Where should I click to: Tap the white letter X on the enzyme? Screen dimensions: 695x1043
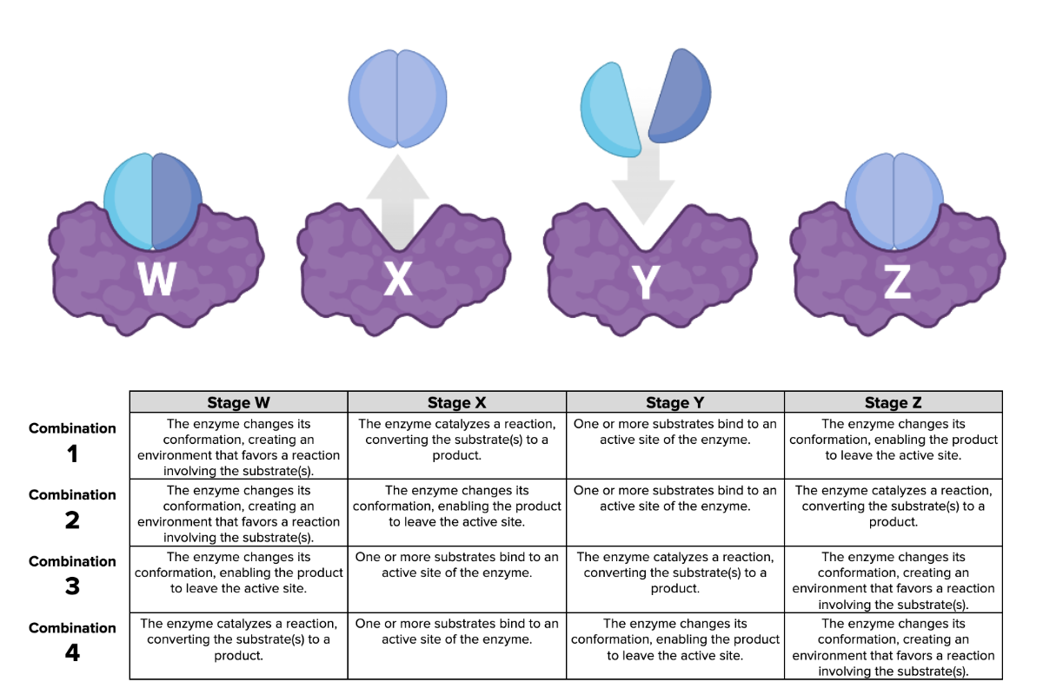point(398,279)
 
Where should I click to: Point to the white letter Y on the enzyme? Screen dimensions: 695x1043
point(646,282)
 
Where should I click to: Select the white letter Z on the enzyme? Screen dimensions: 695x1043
point(897,281)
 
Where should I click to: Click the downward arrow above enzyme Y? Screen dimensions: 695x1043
point(643,187)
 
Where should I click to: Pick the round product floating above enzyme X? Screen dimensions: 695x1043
point(397,96)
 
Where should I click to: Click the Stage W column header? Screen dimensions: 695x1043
point(238,402)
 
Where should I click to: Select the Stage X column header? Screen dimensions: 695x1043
point(456,402)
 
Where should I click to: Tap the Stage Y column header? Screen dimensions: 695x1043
point(674,402)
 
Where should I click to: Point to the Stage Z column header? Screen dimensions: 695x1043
point(893,402)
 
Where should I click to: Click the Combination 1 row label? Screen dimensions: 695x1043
point(72,442)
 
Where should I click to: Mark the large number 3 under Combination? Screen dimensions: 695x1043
point(72,586)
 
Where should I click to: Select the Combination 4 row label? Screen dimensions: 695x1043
point(72,641)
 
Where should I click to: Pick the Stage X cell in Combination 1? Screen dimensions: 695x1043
point(456,440)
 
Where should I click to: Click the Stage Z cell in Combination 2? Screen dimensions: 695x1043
point(893,506)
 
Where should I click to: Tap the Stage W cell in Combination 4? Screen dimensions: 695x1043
point(238,639)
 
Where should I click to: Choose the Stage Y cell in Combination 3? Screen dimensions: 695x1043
point(674,573)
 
